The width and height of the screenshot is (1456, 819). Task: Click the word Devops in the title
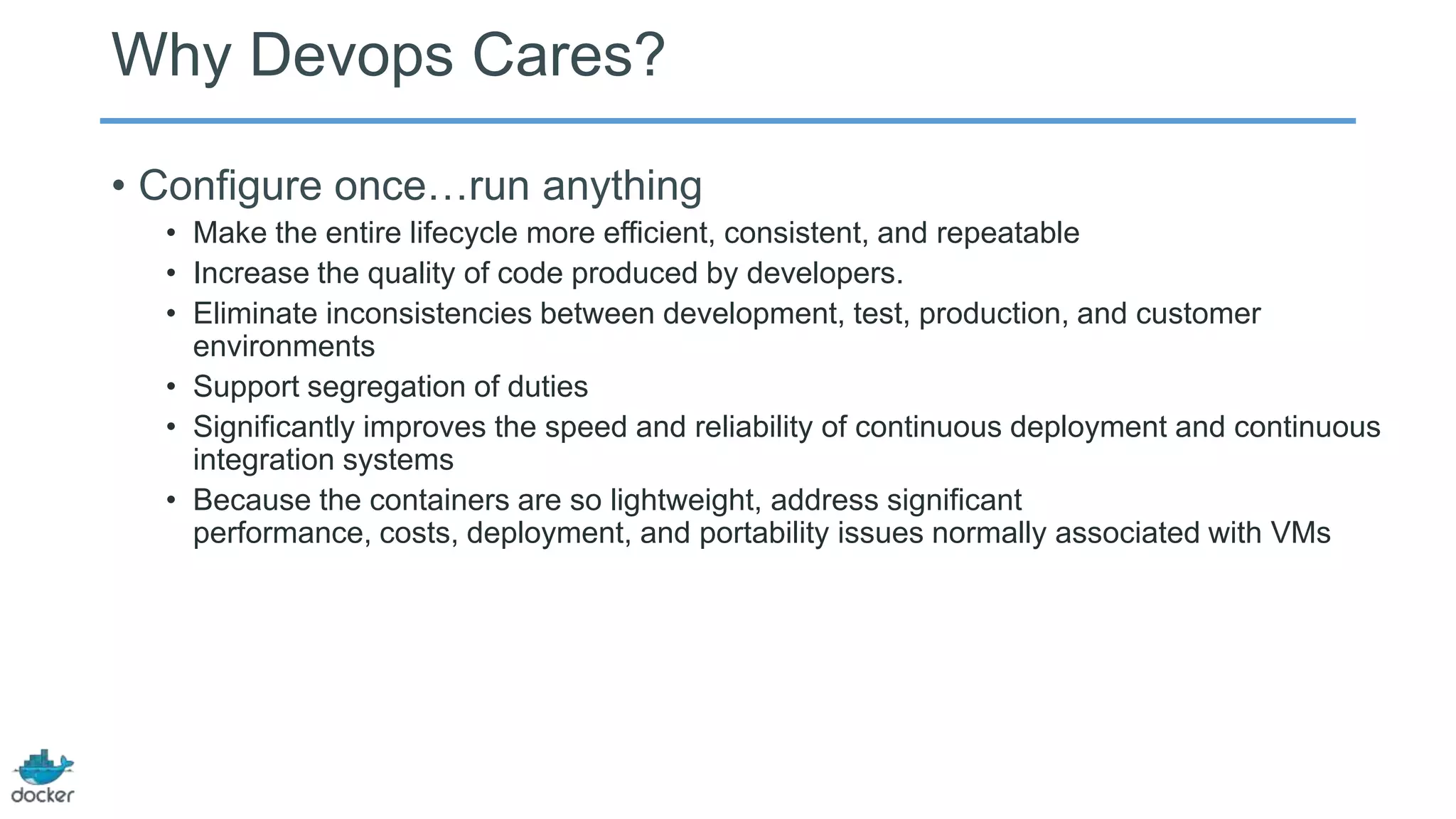351,55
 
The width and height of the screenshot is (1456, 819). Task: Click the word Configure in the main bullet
230,186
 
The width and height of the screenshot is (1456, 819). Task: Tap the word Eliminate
255,314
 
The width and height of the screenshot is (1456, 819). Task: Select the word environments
284,347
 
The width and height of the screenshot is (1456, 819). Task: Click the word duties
547,387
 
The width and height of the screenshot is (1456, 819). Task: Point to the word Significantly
274,427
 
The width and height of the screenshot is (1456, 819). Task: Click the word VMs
1300,533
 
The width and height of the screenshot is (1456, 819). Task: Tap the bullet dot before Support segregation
171,387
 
